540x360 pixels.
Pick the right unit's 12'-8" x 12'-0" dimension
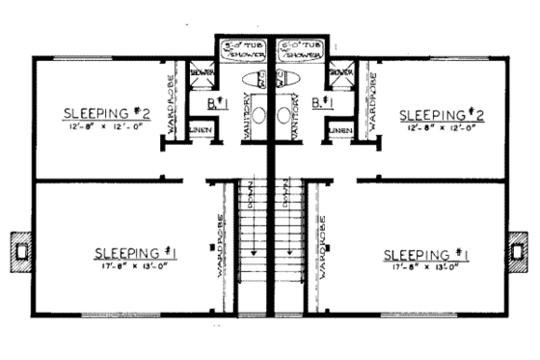(439, 128)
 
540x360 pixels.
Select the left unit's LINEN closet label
(200, 127)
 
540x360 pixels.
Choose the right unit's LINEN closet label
(339, 127)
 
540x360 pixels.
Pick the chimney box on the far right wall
(521, 251)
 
